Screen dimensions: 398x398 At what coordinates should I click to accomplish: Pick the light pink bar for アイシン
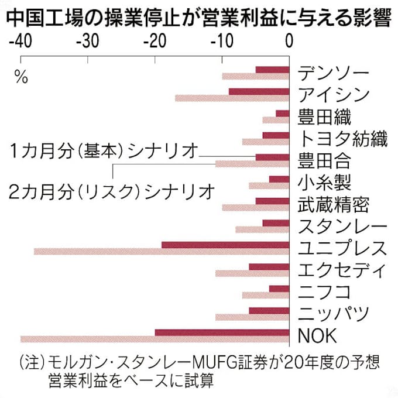click(232, 98)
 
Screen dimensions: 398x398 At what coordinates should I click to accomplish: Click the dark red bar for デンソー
click(273, 70)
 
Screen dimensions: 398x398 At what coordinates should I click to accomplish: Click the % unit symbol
click(21, 77)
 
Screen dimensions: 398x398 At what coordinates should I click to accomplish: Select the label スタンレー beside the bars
click(342, 227)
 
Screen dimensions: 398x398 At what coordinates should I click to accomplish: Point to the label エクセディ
click(342, 270)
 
